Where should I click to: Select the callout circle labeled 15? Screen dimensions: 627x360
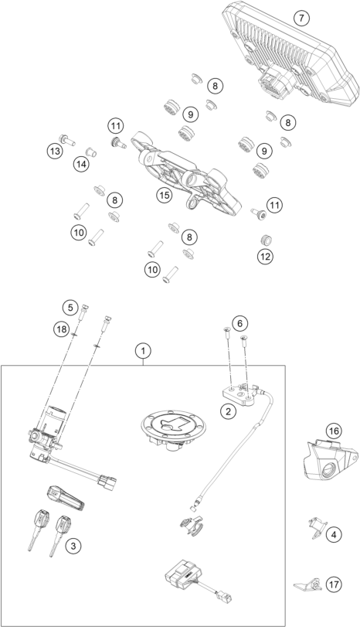tap(164, 196)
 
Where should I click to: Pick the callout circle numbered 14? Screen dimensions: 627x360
tap(81, 163)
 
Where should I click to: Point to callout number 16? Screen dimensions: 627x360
tap(333, 431)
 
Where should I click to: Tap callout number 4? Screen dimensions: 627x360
tap(333, 533)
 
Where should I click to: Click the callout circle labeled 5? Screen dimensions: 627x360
tap(70, 307)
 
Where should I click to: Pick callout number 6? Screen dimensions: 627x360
tap(240, 322)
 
